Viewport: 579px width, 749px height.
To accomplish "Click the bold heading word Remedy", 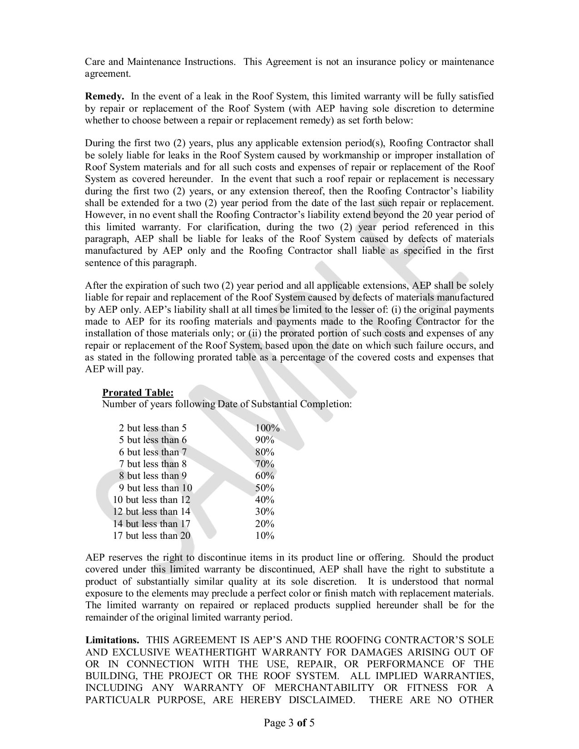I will tap(104, 96).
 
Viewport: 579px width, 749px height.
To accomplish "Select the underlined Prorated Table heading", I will tap(138, 393).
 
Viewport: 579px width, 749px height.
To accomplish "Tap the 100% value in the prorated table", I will tap(267, 428).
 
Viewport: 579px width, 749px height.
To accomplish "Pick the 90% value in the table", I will tap(265, 440).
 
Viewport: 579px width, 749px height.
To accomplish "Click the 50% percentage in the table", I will tap(265, 488).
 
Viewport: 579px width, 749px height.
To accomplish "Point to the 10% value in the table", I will tap(265, 536).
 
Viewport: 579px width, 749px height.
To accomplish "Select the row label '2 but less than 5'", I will tap(153, 428).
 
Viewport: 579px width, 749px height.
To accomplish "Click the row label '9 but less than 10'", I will tap(155, 488).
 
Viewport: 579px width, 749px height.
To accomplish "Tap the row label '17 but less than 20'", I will tap(152, 536).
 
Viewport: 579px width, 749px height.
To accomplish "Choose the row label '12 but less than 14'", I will tap(152, 512).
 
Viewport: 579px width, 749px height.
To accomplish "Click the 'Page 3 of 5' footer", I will tap(289, 723).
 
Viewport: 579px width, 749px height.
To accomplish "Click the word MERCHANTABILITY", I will tap(324, 688).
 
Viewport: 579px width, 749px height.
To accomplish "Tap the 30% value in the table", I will tap(265, 512).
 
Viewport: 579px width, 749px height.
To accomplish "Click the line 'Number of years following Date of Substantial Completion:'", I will tap(227, 404).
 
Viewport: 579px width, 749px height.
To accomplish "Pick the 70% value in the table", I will tap(265, 464).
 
